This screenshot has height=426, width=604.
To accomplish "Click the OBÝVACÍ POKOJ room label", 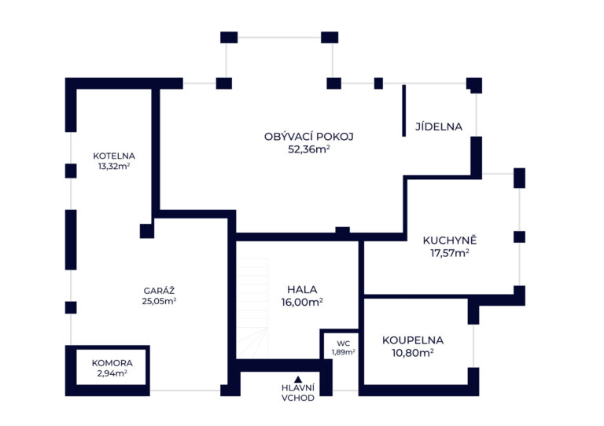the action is pos(308,136).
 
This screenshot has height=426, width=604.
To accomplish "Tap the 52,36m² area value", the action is pos(309,149).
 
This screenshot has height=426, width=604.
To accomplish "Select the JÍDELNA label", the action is pos(439,127).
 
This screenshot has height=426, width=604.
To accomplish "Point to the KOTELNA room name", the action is pos(114,156).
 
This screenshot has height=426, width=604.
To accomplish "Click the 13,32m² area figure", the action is pos(114,167).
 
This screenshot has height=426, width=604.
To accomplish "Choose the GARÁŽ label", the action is pos(159,291).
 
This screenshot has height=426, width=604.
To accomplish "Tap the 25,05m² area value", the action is pos(159,301).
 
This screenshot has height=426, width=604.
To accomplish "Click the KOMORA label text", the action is pos(112,363).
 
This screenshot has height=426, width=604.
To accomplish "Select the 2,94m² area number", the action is pos(112,373).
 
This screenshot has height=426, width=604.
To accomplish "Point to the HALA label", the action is pos(302,289).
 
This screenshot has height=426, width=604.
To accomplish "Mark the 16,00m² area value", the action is pos(302,303).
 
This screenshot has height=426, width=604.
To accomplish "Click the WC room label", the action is pos(343,343).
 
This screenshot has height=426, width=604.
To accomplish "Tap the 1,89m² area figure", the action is pos(343,352).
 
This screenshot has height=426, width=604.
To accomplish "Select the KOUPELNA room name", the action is pos(413,340).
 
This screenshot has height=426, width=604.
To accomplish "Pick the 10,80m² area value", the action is pos(413,353).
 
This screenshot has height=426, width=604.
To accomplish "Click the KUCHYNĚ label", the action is pos(450,241).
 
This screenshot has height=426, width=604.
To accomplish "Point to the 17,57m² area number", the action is pos(450,253).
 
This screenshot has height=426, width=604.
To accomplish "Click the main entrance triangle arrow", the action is pos(298,380).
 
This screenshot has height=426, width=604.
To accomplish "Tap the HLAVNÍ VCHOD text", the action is pos(298,393).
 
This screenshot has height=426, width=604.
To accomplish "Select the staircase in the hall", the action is pos(252,308).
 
